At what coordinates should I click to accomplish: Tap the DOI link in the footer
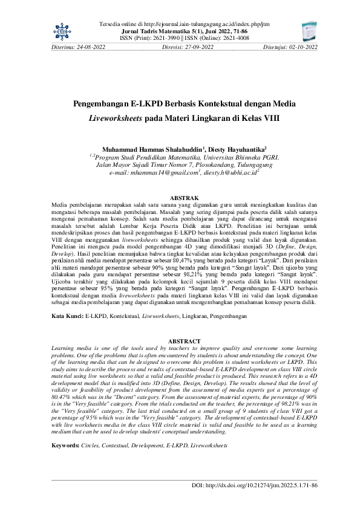point(254,485)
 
